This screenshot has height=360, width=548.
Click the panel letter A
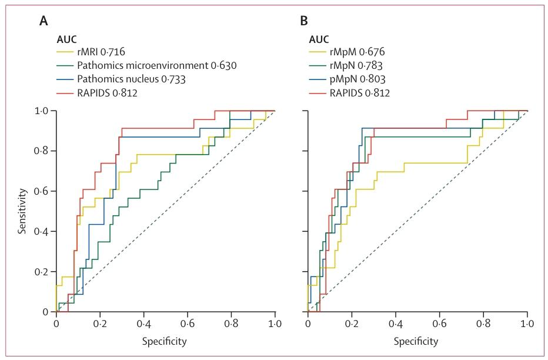coord(44,22)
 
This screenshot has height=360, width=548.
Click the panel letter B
coord(304,22)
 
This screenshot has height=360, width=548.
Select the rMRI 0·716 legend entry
coord(101,52)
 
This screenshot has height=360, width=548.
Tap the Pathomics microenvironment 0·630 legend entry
coord(157,66)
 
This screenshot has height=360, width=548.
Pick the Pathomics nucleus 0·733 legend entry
coord(131,79)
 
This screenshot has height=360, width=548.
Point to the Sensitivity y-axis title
coord(22,211)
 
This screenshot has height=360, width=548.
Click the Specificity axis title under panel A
coord(165,342)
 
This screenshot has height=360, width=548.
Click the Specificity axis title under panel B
coord(416,342)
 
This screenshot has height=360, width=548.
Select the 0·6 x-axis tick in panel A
coord(188,323)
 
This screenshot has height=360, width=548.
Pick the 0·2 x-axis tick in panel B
coord(352,323)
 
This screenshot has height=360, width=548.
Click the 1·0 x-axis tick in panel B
coord(527,323)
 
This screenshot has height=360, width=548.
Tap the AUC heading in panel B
coord(319,39)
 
